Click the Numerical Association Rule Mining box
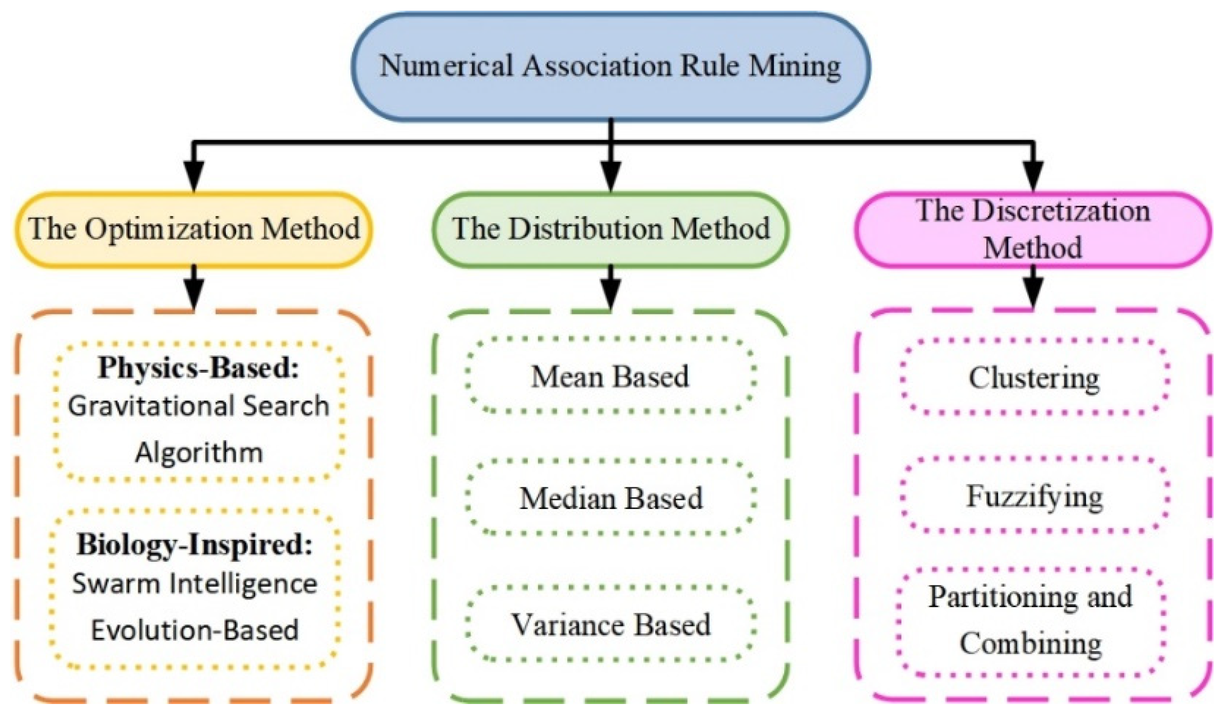[611, 66]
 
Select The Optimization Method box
[194, 229]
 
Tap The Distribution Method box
[611, 229]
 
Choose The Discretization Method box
[1033, 229]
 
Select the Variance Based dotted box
[611, 625]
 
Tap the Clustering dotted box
[1034, 378]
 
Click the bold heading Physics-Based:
[198, 367]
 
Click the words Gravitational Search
[198, 406]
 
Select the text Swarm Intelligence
[194, 583]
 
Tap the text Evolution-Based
[194, 630]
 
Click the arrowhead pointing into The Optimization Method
[194, 176]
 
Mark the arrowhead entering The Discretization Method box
[1033, 176]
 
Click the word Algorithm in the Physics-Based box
[198, 453]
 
